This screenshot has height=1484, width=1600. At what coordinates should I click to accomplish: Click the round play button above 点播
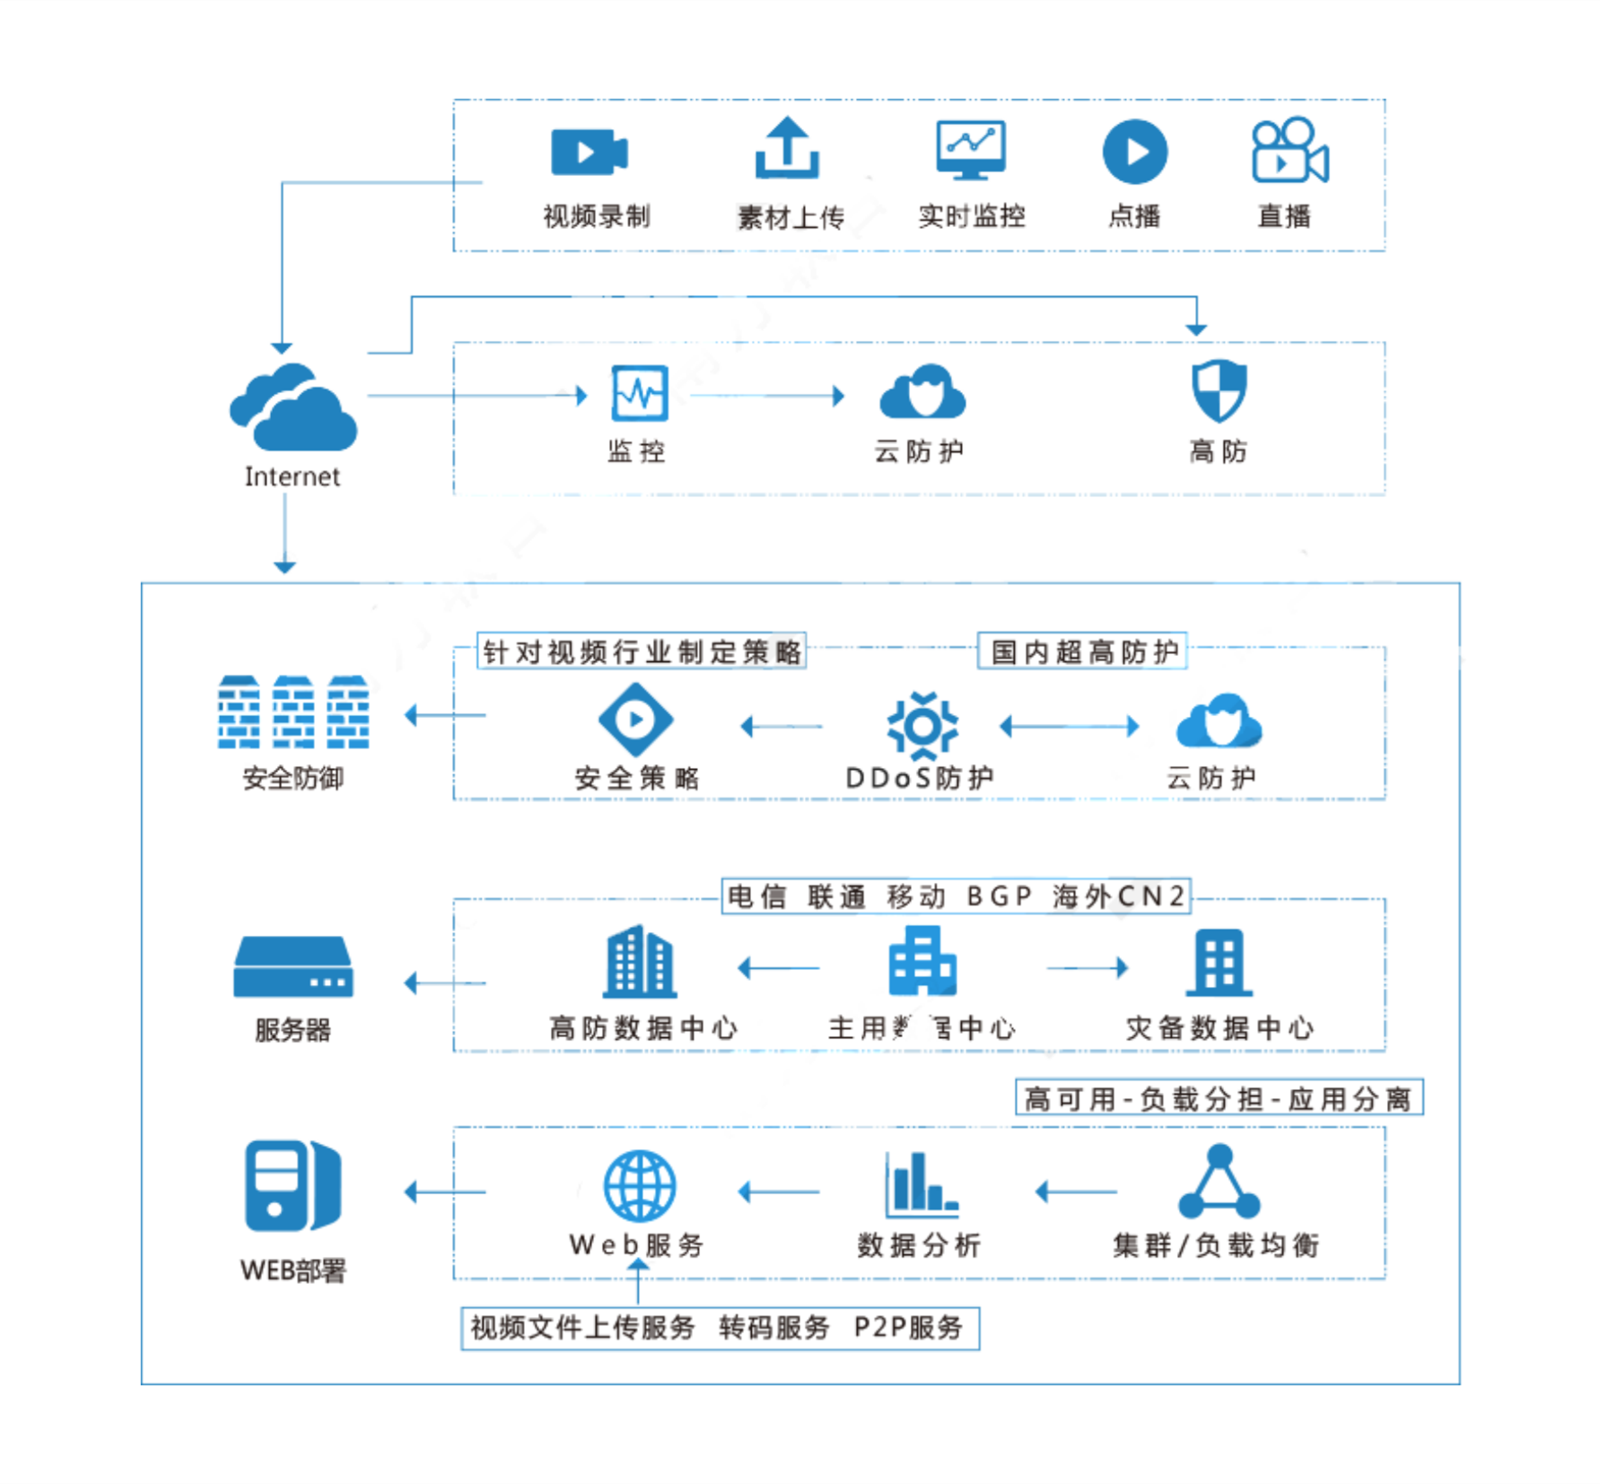[1135, 152]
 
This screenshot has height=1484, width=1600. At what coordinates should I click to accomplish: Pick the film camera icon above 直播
[1289, 151]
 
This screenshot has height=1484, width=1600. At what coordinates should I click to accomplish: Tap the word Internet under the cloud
[293, 476]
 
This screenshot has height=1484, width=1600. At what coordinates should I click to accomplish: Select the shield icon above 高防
[1219, 391]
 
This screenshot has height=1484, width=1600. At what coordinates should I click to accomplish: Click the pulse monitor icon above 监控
[639, 393]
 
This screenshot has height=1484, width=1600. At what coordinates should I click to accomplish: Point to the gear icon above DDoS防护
[922, 725]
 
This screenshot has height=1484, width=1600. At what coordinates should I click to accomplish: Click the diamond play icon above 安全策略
[635, 720]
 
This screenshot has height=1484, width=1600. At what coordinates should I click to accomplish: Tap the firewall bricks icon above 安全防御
[293, 712]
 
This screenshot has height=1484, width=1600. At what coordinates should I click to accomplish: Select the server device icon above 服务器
[293, 967]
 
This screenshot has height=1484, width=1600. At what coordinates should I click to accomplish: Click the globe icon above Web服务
[640, 1186]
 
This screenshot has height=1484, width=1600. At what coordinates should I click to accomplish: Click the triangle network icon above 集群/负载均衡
[1219, 1183]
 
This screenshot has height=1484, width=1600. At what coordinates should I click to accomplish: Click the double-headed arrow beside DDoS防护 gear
[1069, 726]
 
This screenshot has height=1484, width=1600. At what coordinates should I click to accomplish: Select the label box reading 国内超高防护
[1083, 651]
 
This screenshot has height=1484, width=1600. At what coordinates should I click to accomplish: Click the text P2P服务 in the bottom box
[908, 1327]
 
